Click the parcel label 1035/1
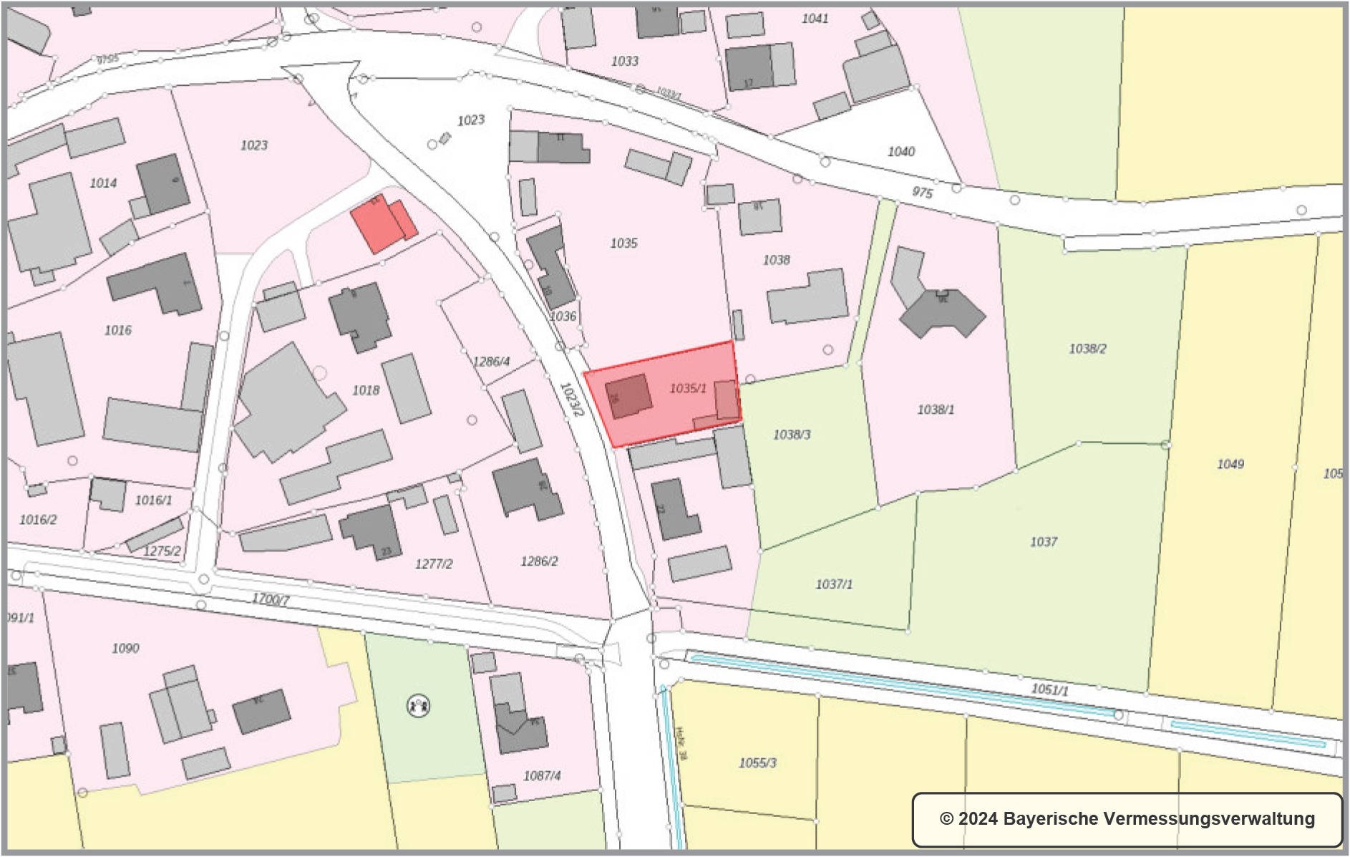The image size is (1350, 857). click(687, 388)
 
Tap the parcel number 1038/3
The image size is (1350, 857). click(792, 435)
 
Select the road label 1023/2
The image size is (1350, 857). click(571, 400)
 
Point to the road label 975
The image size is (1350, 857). click(922, 193)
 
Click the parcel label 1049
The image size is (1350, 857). click(1230, 464)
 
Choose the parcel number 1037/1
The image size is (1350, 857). click(834, 584)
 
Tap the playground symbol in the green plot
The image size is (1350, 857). click(418, 706)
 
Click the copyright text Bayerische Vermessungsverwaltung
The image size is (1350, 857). click(1127, 818)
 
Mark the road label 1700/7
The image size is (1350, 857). click(271, 599)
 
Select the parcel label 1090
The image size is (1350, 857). click(125, 648)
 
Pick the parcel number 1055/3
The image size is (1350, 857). click(757, 762)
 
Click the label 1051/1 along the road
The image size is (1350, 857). click(1049, 689)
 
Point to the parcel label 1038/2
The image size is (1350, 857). click(1087, 349)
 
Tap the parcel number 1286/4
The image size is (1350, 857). click(492, 362)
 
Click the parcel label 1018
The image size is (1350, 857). click(366, 390)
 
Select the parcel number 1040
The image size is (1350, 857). click(901, 152)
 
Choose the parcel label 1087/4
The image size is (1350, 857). click(542, 775)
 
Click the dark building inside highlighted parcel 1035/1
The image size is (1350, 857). click(628, 396)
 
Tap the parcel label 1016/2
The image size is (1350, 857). click(38, 520)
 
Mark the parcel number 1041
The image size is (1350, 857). click(815, 19)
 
